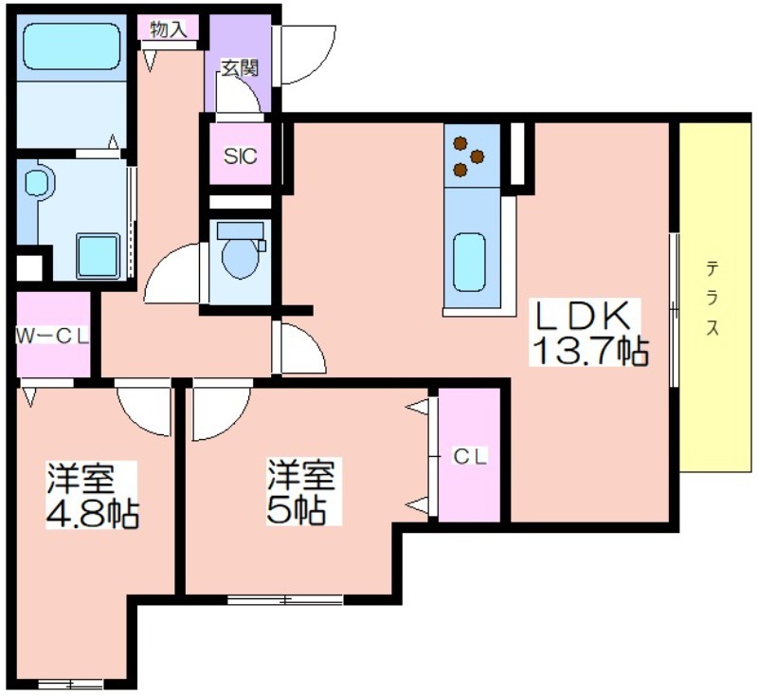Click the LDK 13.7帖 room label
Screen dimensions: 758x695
pyautogui.click(x=588, y=332)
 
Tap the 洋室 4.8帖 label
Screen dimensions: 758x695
pyautogui.click(x=92, y=495)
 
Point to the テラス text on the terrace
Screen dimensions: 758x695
pyautogui.click(x=713, y=298)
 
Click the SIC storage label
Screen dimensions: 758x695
pyautogui.click(x=241, y=155)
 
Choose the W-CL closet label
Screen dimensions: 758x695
pyautogui.click(x=53, y=337)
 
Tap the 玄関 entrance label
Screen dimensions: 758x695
pyautogui.click(x=240, y=68)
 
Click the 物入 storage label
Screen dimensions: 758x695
pyautogui.click(x=169, y=29)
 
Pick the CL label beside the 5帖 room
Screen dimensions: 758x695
pyautogui.click(x=469, y=457)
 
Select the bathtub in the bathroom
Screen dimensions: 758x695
pyautogui.click(x=72, y=46)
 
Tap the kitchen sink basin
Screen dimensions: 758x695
pyautogui.click(x=469, y=262)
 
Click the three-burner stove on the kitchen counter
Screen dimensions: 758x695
pyautogui.click(x=468, y=155)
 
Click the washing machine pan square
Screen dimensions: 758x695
pyautogui.click(x=99, y=256)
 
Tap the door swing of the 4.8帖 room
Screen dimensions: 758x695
pyautogui.click(x=144, y=409)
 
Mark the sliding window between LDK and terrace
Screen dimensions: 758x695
pyautogui.click(x=675, y=310)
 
